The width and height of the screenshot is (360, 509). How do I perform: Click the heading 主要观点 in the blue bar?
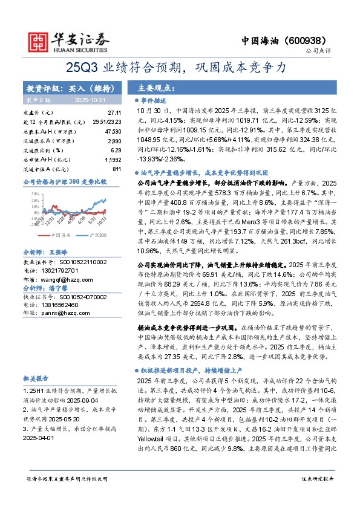(x=157, y=87)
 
